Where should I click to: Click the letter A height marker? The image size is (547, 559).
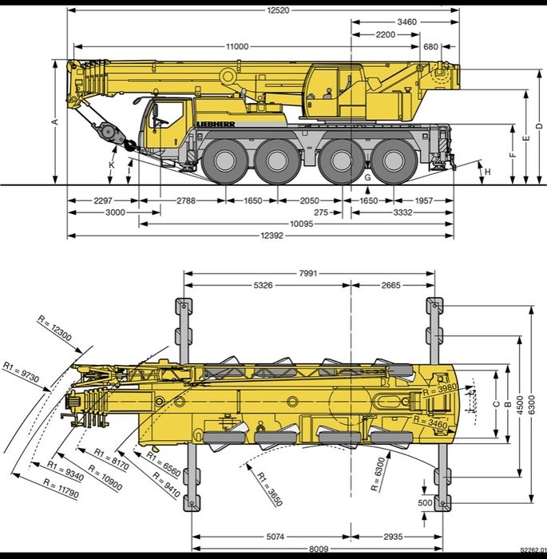coord(54,121)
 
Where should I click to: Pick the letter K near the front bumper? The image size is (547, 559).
coord(112,165)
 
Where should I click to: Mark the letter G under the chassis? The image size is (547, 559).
coord(367,176)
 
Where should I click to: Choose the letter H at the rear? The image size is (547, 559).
coord(486,172)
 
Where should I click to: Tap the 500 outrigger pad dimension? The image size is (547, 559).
coord(426,503)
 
